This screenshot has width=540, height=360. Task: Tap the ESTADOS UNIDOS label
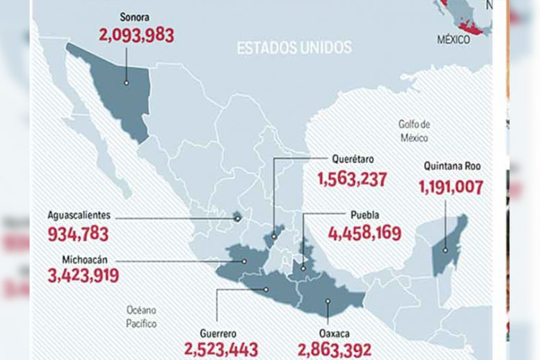294,48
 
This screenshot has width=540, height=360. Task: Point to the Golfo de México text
415,130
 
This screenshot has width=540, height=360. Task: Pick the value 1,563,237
351,178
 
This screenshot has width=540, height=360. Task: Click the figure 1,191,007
450,187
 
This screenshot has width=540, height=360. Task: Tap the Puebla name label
364,214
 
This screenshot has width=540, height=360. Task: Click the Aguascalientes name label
79,215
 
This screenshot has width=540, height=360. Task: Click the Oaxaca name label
334,333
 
